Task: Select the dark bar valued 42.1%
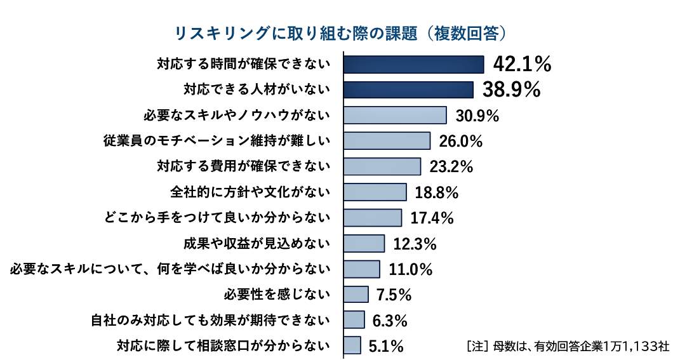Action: click(413, 64)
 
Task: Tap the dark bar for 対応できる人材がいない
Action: click(408, 90)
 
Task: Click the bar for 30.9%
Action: click(395, 115)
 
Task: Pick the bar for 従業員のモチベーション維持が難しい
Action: click(387, 141)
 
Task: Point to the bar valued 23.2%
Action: click(382, 166)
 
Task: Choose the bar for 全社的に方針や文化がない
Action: click(375, 192)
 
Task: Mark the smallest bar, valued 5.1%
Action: click(352, 345)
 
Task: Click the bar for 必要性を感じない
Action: click(356, 294)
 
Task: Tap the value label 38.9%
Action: click(511, 90)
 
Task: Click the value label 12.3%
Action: click(415, 243)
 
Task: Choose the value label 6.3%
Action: click(390, 320)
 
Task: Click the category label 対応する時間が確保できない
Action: click(244, 64)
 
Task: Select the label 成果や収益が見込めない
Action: click(256, 243)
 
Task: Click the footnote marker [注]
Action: click(477, 347)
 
